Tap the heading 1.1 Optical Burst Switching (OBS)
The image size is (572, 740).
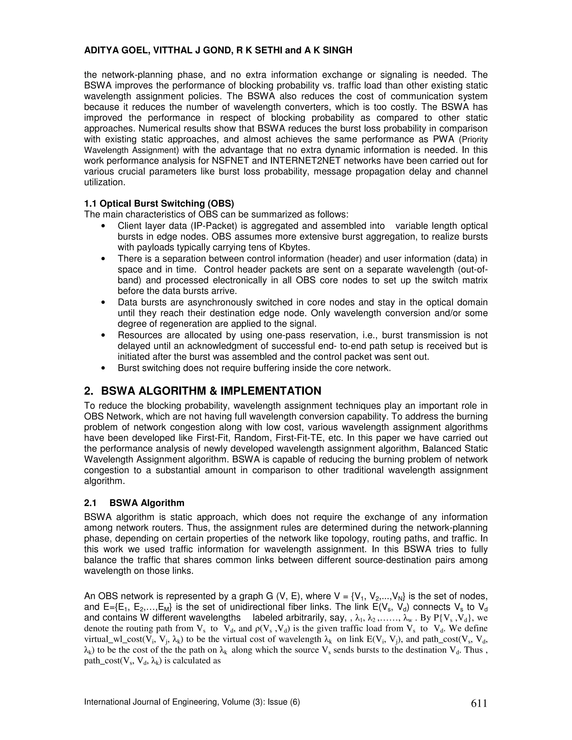click(159, 204)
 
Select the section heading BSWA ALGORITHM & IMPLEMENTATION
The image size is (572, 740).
click(211, 391)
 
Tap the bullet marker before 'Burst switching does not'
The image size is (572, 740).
click(103, 368)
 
